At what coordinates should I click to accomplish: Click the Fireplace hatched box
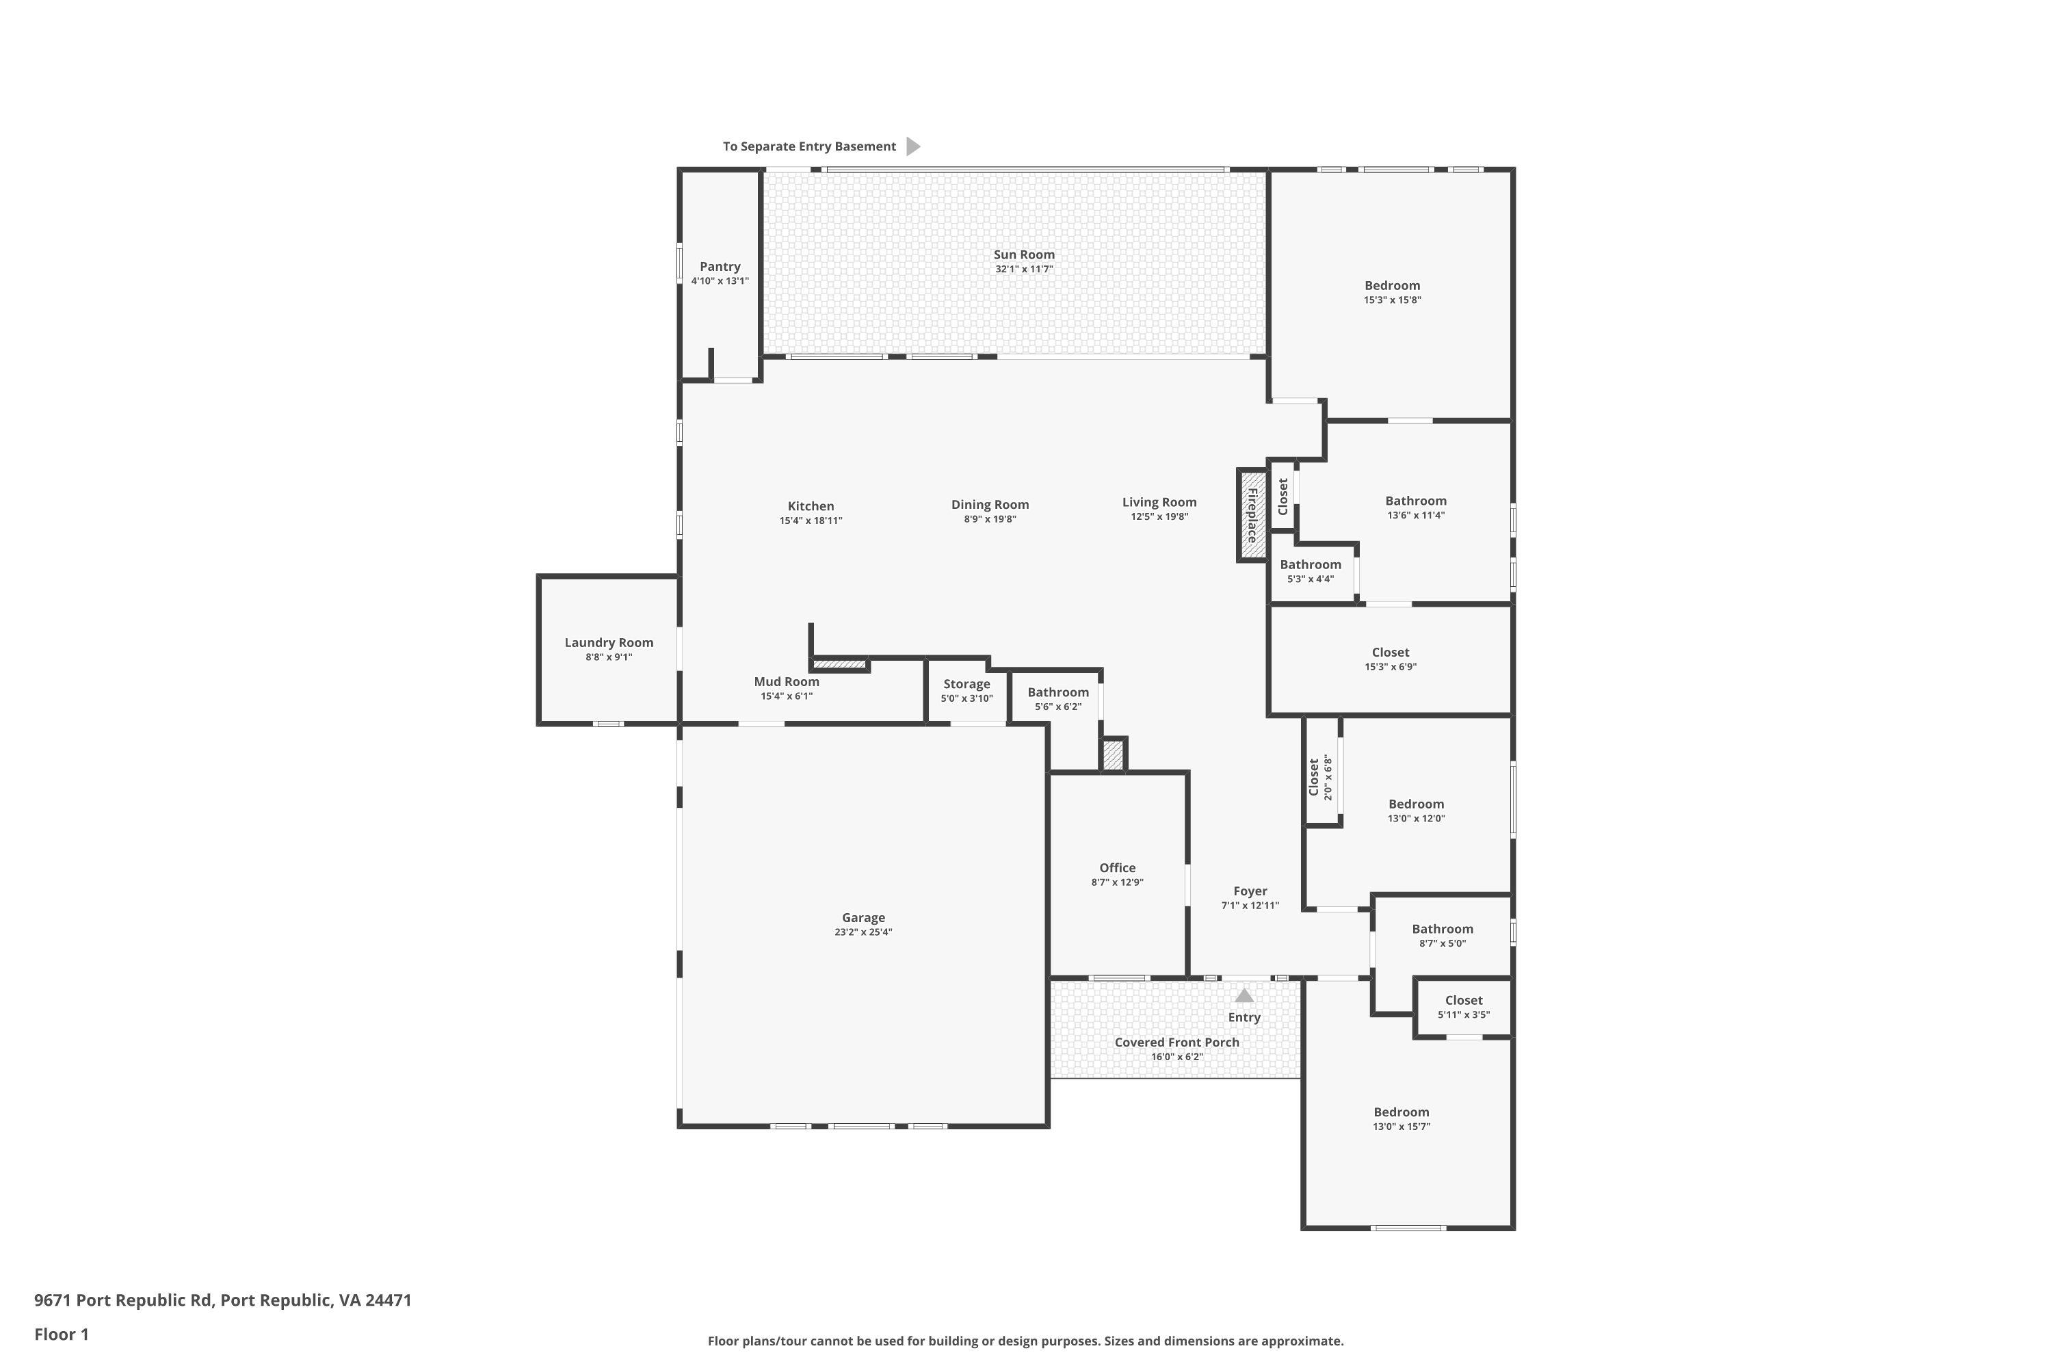tap(1252, 516)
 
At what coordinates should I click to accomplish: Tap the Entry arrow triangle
tap(1244, 995)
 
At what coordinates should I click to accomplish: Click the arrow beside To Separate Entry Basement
tap(912, 146)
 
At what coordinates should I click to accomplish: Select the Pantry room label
tap(720, 267)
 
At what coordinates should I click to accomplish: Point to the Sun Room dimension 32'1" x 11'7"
tap(1024, 269)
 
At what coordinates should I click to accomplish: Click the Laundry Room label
tap(608, 643)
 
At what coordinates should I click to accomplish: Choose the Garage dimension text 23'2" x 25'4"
tap(863, 932)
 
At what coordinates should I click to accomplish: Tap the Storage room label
tap(966, 684)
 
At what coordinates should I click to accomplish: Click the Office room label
tap(1117, 868)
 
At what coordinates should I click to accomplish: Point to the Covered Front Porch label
tap(1176, 1042)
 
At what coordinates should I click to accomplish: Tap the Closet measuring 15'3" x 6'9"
tap(1390, 653)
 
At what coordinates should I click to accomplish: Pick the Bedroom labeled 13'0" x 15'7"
tap(1401, 1112)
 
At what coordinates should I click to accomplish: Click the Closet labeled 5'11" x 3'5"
tap(1463, 1001)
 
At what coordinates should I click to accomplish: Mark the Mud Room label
tap(786, 682)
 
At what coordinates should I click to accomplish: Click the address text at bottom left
tap(222, 1300)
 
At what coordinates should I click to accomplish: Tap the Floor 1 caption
tap(61, 1334)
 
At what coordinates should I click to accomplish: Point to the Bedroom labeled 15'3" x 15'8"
tap(1391, 286)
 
